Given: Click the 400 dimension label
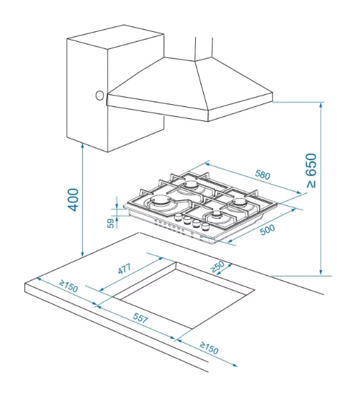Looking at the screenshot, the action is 73,199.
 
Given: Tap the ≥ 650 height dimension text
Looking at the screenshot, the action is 311,171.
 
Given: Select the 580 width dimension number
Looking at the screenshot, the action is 262,175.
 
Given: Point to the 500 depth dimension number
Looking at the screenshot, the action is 268,230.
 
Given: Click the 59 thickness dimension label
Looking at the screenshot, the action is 110,223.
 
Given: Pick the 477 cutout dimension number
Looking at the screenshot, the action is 124,268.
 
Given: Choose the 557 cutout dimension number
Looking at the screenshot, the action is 140,318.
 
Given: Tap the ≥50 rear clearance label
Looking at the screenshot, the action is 217,266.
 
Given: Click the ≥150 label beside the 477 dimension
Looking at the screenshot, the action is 68,286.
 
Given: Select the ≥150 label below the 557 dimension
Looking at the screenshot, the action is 209,348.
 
